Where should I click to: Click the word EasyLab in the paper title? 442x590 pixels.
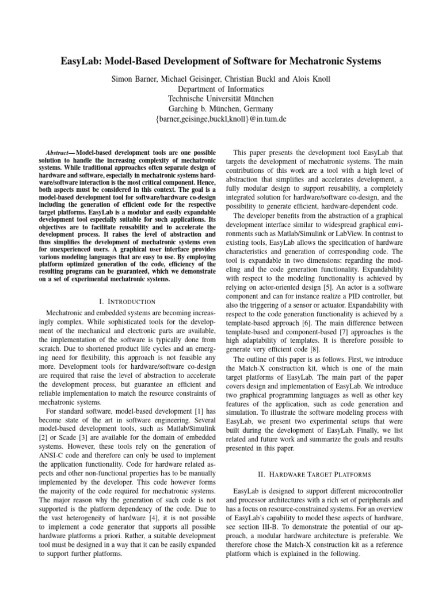coord(87,60)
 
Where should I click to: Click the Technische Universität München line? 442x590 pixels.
coord(221,99)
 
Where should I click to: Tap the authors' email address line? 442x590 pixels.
coord(221,119)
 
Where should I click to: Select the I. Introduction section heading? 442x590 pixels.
coord(127,301)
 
